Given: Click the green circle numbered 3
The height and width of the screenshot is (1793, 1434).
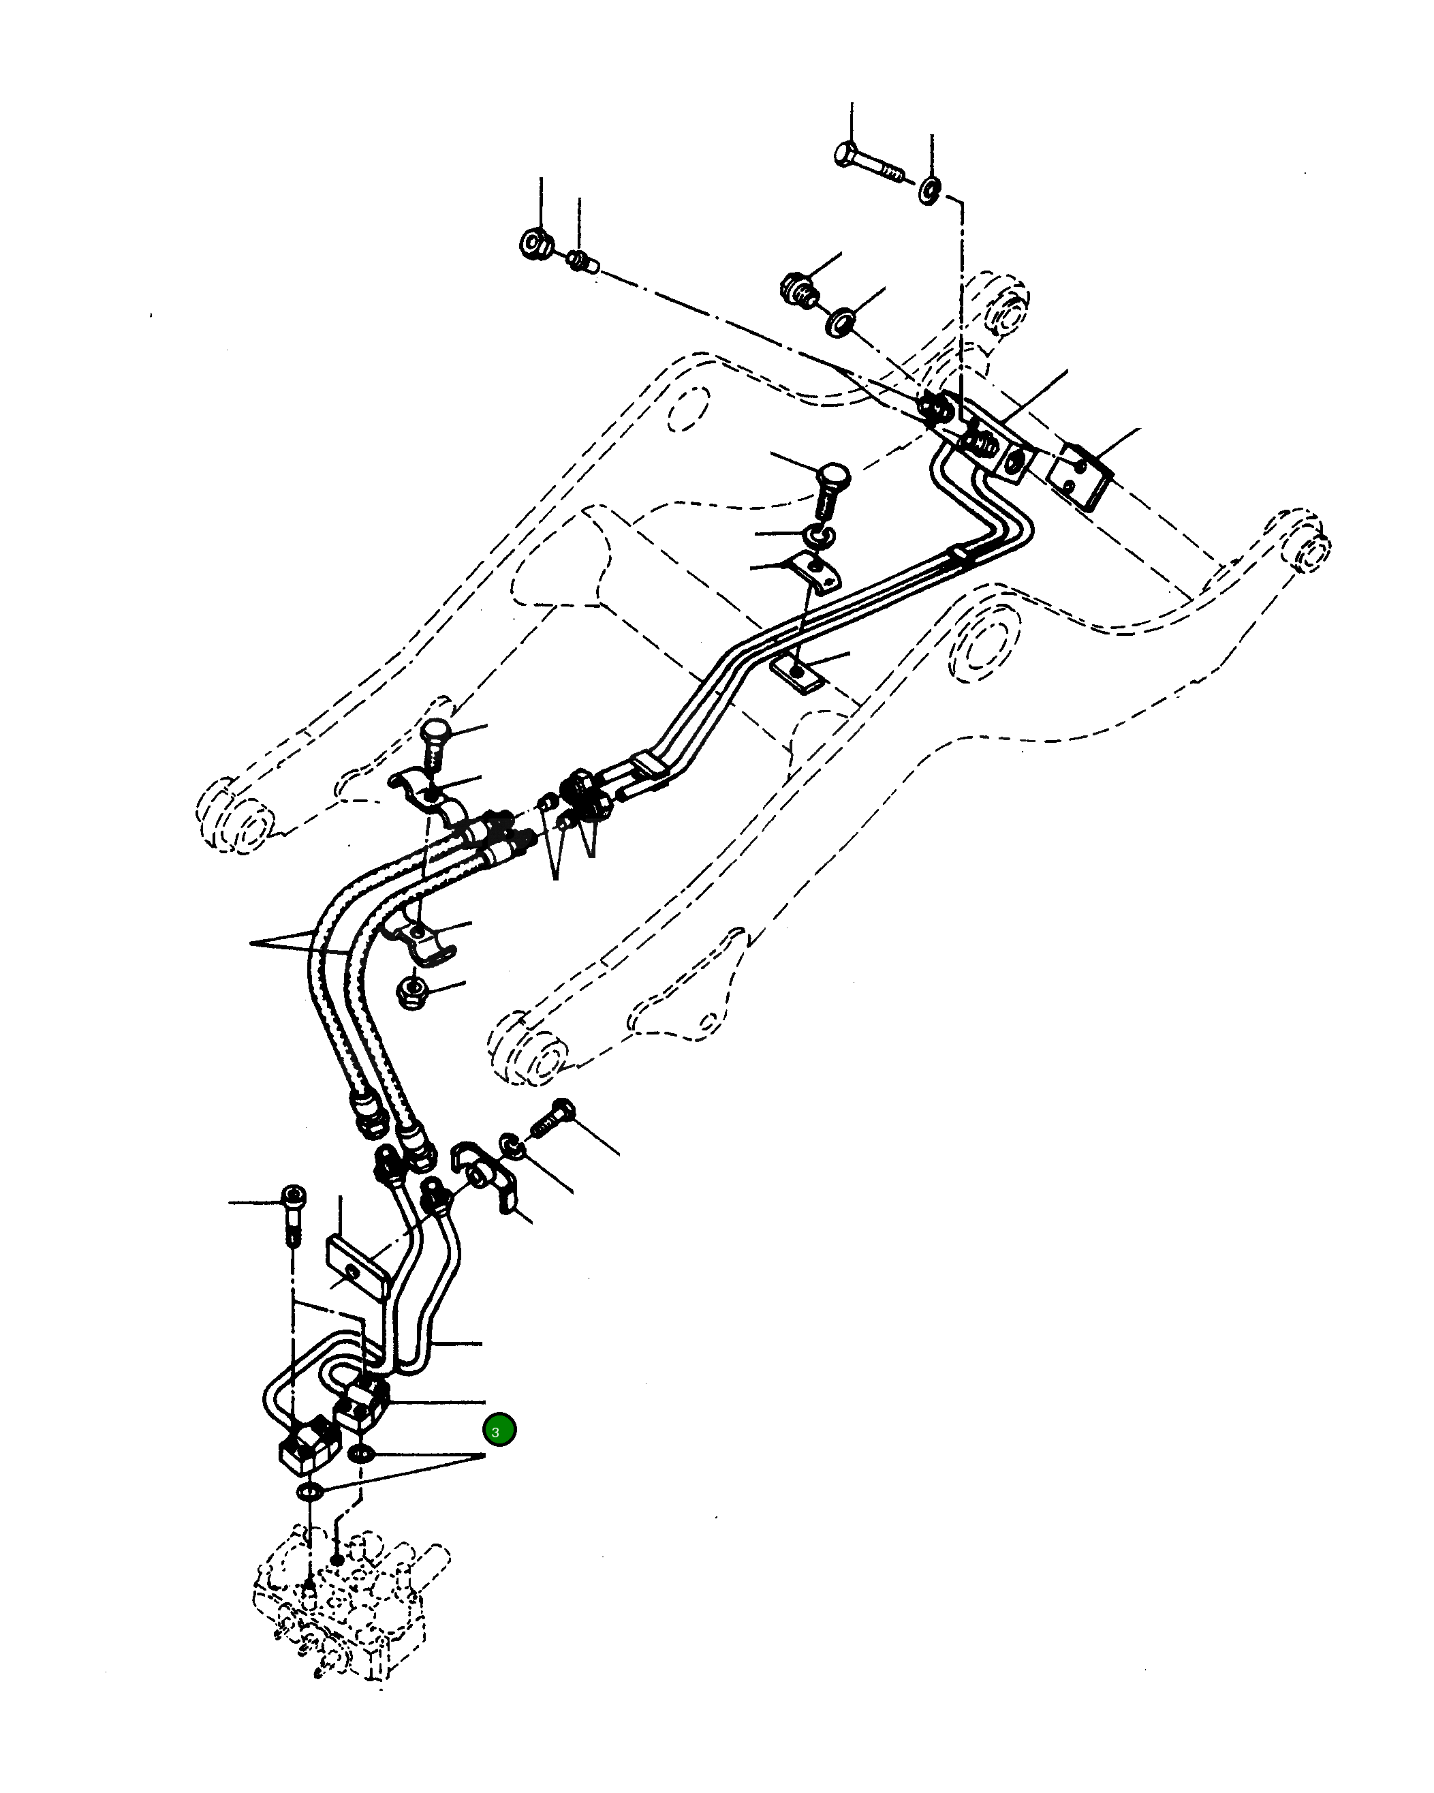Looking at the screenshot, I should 499,1430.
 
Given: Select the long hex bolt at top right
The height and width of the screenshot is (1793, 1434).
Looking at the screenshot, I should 867,163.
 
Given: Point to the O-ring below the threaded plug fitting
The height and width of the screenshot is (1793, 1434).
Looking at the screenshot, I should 841,322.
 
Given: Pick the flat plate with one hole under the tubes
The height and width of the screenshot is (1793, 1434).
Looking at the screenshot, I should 797,672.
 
